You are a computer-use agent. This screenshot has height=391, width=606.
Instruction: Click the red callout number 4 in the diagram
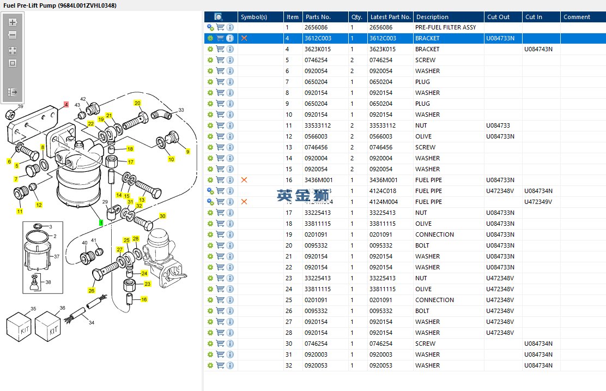66,104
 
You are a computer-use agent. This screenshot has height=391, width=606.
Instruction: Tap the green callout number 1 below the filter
101,222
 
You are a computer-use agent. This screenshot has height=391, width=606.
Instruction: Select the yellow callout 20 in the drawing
137,103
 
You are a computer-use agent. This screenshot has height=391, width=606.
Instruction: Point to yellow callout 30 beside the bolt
162,216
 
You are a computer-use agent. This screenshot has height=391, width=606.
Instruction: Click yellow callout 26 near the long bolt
92,291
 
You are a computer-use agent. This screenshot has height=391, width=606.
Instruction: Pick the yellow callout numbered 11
20,211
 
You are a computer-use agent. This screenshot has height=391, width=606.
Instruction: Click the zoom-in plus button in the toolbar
13,22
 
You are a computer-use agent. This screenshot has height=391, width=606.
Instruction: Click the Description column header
432,17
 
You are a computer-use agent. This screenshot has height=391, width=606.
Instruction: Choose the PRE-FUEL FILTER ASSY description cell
445,27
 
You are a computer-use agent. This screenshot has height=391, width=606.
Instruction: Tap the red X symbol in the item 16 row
244,180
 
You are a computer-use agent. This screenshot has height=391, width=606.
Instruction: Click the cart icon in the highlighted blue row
220,38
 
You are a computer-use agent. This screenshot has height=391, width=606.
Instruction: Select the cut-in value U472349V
538,202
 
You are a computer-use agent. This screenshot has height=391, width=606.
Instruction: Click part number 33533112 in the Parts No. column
317,125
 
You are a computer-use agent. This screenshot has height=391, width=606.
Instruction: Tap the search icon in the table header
219,17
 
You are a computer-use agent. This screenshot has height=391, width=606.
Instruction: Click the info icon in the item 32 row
230,365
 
